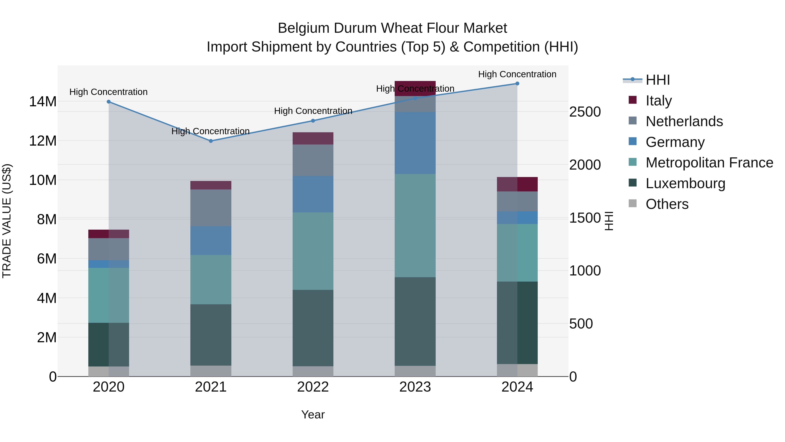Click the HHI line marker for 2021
211,141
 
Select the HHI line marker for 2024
517,84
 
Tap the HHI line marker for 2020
109,101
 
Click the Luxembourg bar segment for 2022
313,328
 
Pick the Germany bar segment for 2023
415,143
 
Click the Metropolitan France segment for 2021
211,279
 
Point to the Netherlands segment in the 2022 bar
313,160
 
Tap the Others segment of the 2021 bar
211,371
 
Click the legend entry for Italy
659,101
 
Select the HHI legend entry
657,80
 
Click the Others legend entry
667,204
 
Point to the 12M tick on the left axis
43,141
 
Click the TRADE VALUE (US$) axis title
7,221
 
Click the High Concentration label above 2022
313,111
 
